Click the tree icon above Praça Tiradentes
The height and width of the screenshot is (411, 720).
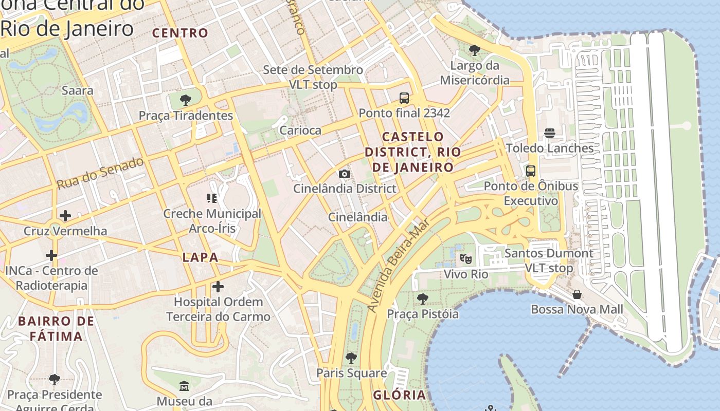click(186, 100)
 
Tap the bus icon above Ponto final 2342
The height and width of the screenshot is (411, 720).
click(404, 98)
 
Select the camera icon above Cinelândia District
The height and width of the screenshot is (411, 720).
click(345, 174)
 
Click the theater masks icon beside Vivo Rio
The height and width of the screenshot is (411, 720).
click(466, 258)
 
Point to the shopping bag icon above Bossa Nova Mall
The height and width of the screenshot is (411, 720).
click(577, 294)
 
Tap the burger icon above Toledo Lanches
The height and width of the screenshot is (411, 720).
click(549, 133)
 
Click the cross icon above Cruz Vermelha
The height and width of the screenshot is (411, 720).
click(65, 215)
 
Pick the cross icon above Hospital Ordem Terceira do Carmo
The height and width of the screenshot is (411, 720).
click(218, 286)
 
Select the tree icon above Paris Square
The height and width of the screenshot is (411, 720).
click(351, 358)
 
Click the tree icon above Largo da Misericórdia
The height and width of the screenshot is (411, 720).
click(474, 50)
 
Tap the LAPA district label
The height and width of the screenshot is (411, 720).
click(201, 257)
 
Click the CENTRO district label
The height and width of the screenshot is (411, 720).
click(180, 33)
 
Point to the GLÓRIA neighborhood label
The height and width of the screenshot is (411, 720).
click(400, 395)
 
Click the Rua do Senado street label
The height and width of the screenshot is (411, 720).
click(100, 173)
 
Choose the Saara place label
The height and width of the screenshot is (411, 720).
click(77, 90)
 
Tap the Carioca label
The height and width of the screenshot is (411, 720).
click(300, 130)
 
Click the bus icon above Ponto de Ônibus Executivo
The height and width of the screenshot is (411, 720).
click(531, 171)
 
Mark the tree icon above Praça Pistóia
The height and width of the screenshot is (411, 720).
click(422, 298)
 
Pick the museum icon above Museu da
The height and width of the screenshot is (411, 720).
click(184, 385)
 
